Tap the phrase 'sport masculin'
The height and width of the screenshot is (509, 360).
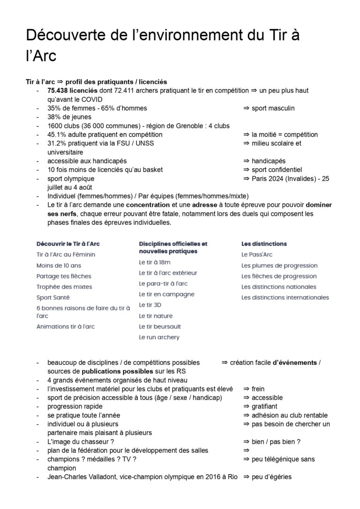click(273, 108)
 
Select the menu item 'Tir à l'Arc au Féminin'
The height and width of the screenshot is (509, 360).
click(66, 254)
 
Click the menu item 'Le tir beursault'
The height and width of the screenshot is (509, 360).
click(159, 327)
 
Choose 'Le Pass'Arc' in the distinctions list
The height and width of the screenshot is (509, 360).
click(257, 254)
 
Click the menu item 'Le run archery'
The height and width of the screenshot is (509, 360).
click(159, 337)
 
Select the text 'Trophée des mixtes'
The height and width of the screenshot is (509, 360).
click(64, 287)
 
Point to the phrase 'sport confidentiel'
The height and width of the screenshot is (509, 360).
click(277, 169)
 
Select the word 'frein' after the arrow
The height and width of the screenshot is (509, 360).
click(258, 389)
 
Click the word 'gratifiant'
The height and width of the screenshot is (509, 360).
click(264, 406)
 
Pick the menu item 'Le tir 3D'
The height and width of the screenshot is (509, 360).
click(150, 305)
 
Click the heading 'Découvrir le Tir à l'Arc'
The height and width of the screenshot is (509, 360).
click(68, 244)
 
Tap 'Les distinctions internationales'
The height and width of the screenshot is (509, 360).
click(285, 297)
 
